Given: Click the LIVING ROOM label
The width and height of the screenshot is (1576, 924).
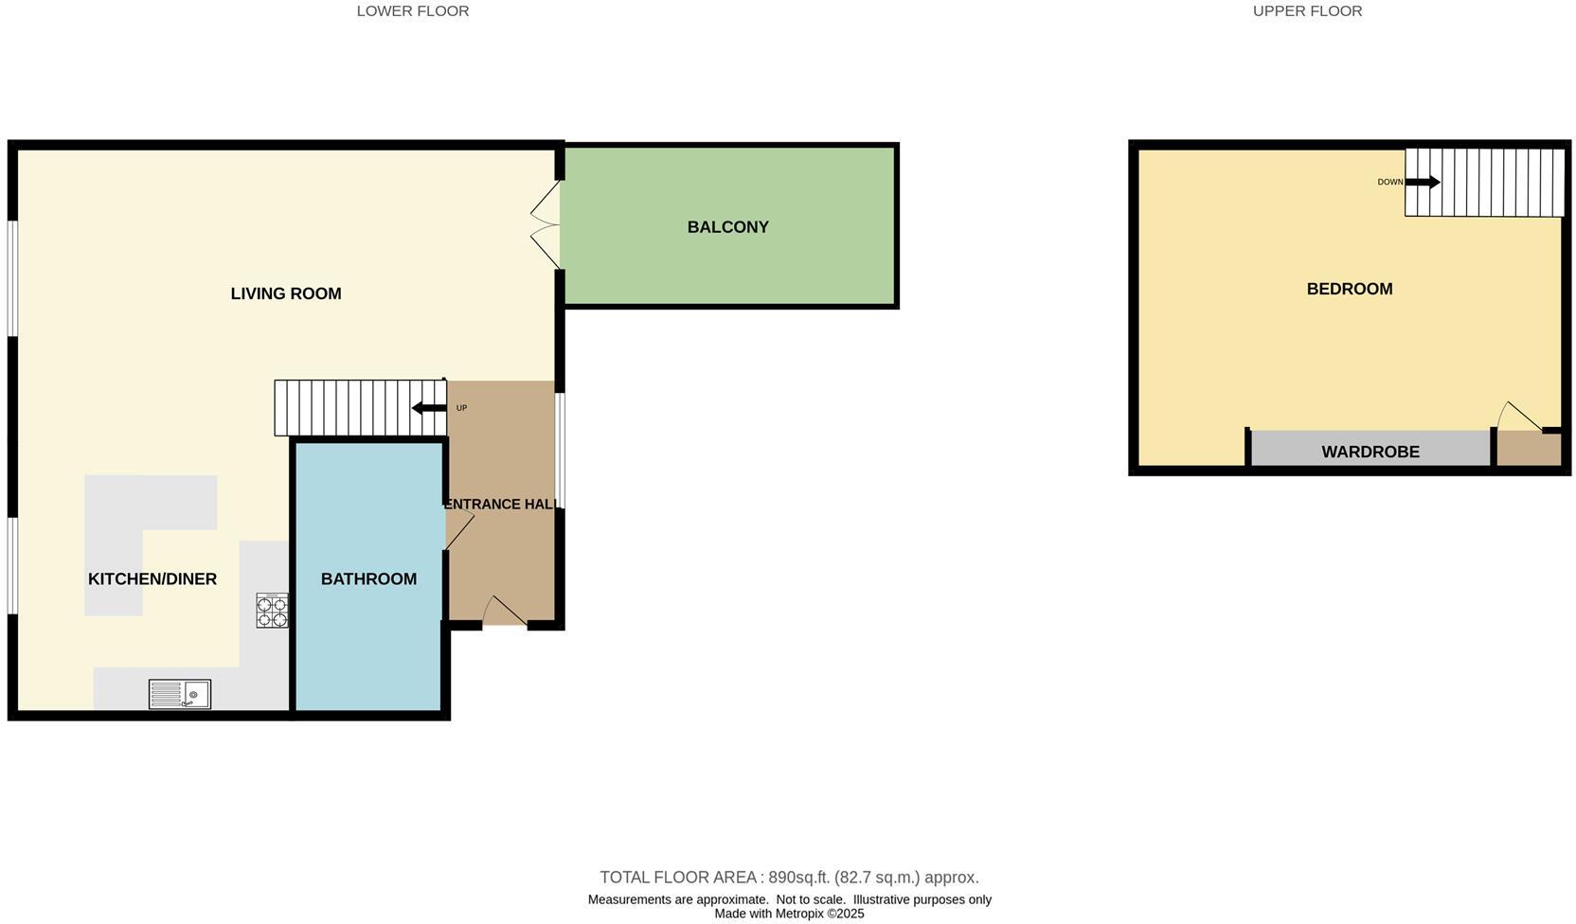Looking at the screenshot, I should tap(285, 293).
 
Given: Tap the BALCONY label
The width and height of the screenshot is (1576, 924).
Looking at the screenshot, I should tap(727, 227).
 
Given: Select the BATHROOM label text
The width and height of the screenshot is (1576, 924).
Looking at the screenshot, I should tap(368, 579).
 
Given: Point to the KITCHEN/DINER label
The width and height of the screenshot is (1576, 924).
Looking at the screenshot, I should tap(152, 579).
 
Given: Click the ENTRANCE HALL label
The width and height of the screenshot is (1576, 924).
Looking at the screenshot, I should tap(500, 505).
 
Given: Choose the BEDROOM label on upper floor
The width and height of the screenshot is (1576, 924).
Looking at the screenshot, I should tap(1349, 289).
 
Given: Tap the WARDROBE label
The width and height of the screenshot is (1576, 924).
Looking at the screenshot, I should tap(1370, 452).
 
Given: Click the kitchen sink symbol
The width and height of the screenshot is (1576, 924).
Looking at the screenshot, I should tap(180, 694).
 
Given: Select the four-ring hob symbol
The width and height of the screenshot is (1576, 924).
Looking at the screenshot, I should tap(272, 611).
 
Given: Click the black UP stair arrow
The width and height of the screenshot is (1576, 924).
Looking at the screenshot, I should tap(429, 408).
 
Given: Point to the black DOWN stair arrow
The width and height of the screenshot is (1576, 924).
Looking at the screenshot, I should tap(1422, 182).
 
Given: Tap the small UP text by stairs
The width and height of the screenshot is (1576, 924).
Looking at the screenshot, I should tap(461, 408).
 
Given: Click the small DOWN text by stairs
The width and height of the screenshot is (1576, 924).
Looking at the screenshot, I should tap(1389, 182).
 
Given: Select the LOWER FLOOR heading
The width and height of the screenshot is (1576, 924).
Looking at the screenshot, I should tap(412, 11).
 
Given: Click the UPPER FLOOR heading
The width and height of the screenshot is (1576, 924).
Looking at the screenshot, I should tap(1306, 11).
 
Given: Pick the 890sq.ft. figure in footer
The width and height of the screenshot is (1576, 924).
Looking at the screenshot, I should tap(797, 878).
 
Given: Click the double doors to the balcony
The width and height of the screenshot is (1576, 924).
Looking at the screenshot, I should tap(546, 225).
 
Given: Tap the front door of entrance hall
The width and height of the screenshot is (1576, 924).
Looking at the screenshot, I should tap(505, 612).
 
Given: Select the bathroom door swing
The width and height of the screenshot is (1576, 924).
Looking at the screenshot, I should tap(459, 533).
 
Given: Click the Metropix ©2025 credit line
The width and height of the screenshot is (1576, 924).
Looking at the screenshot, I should tap(789, 914).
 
